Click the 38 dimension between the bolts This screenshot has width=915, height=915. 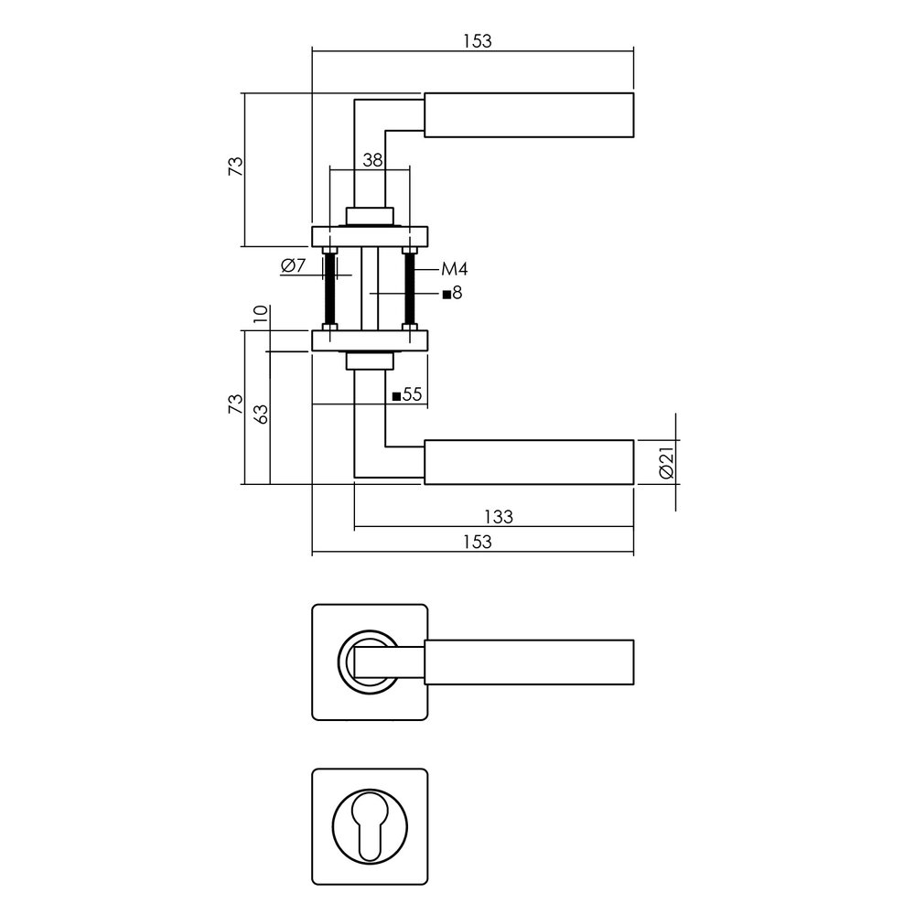(x=371, y=159)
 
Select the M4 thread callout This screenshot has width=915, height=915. (x=454, y=269)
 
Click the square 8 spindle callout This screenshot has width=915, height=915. (x=453, y=294)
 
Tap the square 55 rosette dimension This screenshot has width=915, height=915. (x=406, y=395)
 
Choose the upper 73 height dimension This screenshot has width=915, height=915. (x=235, y=167)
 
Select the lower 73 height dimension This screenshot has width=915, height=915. (x=235, y=404)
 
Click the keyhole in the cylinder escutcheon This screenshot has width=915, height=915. (x=370, y=825)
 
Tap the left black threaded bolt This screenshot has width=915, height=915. (x=330, y=287)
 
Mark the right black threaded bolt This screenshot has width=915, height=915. (x=410, y=287)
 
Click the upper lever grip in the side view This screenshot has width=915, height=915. (x=529, y=115)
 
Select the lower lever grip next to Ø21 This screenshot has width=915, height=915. (x=529, y=462)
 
